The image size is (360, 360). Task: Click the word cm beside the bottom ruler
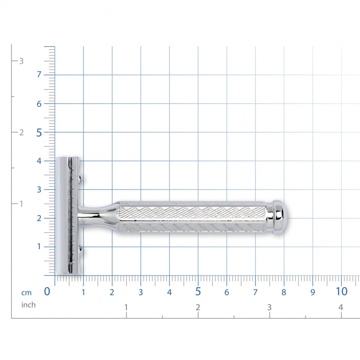(26, 293)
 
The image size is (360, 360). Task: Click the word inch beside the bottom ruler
(28, 305)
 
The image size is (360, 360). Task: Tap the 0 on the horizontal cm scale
(47, 292)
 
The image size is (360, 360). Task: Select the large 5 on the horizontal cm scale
(198, 292)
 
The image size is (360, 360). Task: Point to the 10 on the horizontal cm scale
(341, 292)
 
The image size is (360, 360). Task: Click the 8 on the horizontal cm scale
(284, 293)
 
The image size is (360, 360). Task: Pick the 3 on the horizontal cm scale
(141, 293)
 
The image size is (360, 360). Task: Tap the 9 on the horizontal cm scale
(313, 293)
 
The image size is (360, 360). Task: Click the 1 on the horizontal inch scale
(126, 307)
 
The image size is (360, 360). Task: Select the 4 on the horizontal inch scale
(340, 307)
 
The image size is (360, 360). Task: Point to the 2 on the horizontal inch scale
(198, 307)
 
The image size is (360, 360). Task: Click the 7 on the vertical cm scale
(39, 75)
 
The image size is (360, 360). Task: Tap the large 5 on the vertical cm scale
(39, 133)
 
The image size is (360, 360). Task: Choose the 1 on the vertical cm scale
(39, 247)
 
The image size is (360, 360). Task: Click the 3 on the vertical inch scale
(22, 61)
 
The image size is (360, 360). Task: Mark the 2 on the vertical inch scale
(22, 133)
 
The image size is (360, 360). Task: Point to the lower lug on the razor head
(81, 250)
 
